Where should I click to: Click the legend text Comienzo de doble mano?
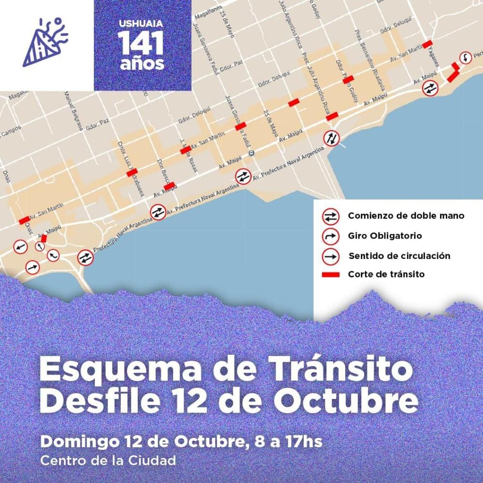(406, 216)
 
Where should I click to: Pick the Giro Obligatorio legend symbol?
(330, 236)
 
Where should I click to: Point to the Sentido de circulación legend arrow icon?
(330, 256)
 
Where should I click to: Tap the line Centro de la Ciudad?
(108, 460)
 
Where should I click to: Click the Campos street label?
(11, 131)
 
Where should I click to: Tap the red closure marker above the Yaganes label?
(427, 43)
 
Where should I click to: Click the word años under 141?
(142, 64)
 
